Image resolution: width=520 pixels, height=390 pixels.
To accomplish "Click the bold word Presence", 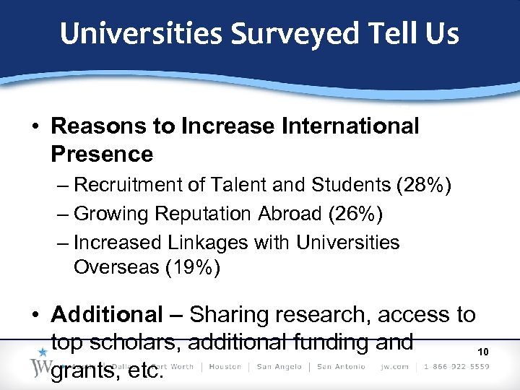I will click(102, 154).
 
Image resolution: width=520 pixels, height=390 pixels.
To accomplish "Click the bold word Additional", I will click(108, 315).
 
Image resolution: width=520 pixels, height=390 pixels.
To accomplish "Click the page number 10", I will click(484, 352).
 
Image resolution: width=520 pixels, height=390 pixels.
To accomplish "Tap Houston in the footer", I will click(225, 367).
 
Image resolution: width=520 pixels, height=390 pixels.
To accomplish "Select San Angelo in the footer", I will click(279, 367).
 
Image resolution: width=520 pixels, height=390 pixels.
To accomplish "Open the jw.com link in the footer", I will click(394, 367).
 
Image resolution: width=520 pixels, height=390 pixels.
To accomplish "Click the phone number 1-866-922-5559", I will click(456, 367).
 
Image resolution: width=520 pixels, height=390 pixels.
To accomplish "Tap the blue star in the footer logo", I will click(43, 352).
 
